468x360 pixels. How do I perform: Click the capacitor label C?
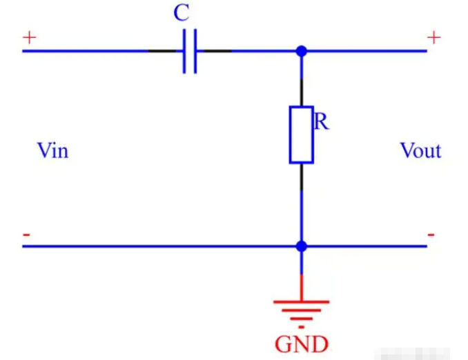(x=182, y=14)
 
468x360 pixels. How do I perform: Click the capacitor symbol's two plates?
(x=190, y=51)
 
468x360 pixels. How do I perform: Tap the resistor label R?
(x=321, y=123)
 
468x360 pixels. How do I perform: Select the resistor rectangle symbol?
(x=301, y=134)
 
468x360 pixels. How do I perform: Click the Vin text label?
(x=53, y=150)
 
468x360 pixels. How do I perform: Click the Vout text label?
(x=420, y=150)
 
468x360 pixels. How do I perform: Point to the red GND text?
(x=301, y=343)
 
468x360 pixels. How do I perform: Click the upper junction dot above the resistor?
(x=301, y=51)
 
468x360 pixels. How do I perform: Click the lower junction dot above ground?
(x=301, y=246)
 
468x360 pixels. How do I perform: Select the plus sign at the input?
(x=29, y=37)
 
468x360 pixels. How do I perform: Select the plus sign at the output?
(x=433, y=37)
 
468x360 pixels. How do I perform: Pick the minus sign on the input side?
(x=26, y=235)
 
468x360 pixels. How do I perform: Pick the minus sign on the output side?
(x=431, y=235)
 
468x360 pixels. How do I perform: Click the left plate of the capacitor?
(x=184, y=51)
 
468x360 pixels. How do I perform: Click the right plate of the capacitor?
(x=195, y=51)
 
